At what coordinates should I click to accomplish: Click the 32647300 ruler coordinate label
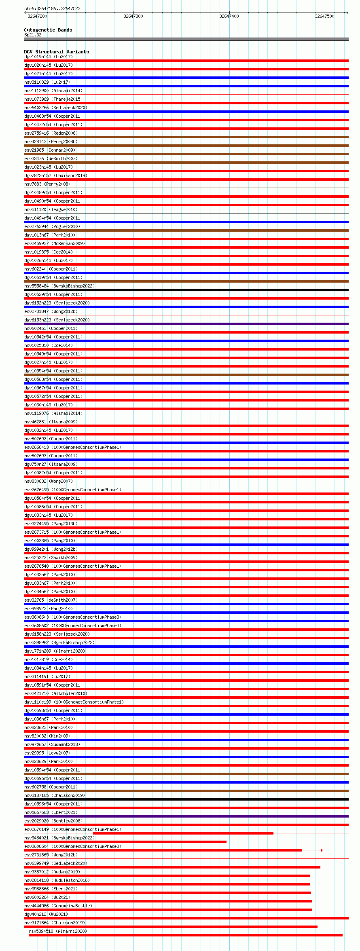pyautogui.click(x=133, y=16)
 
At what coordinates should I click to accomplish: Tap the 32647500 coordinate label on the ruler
pyautogui.click(x=324, y=16)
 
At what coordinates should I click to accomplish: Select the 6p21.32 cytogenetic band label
pyautogui.click(x=33, y=35)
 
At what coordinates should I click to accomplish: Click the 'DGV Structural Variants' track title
pyautogui.click(x=56, y=52)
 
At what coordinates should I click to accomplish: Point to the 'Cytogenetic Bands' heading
pyautogui.click(x=48, y=30)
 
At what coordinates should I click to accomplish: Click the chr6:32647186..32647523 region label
pyautogui.click(x=52, y=8)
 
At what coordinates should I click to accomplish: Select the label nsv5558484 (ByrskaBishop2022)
pyautogui.click(x=59, y=286)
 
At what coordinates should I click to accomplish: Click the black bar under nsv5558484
pyautogui.click(x=186, y=290)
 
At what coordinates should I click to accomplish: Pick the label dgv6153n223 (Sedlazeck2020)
pyautogui.click(x=57, y=320)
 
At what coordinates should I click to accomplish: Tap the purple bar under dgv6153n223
pyautogui.click(x=186, y=324)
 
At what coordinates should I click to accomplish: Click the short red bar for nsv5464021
pyautogui.click(x=125, y=842)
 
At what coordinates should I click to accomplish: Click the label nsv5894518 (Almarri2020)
pyautogui.click(x=57, y=931)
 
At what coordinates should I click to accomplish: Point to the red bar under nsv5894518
pyautogui.click(x=186, y=935)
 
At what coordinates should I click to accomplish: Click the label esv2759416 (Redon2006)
pyautogui.click(x=51, y=133)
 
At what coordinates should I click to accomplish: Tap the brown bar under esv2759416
pyautogui.click(x=186, y=137)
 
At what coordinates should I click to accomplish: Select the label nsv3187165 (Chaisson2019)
pyautogui.click(x=54, y=795)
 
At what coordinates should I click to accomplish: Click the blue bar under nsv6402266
pyautogui.click(x=186, y=112)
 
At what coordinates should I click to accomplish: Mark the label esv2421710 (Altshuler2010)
pyautogui.click(x=55, y=693)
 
